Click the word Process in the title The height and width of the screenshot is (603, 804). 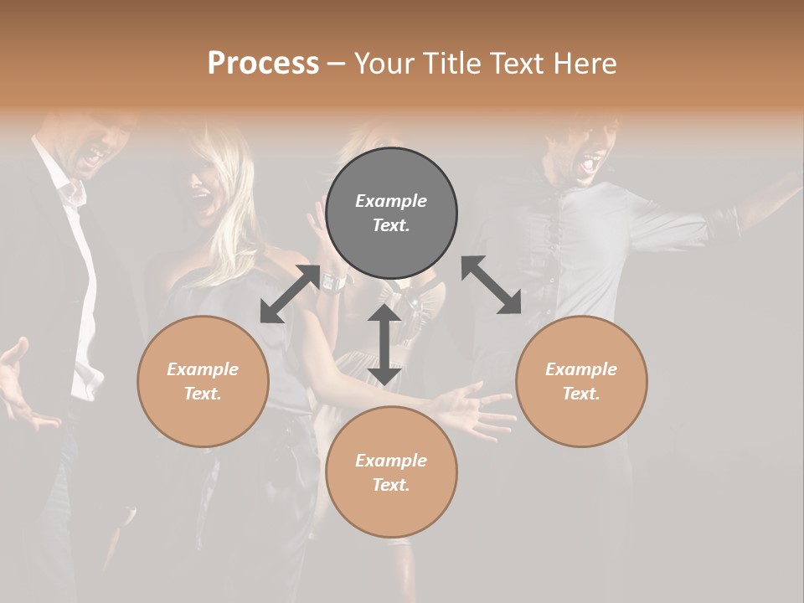[x=263, y=63]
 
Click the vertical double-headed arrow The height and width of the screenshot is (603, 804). [x=384, y=344]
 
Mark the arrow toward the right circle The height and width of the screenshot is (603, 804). [x=492, y=285]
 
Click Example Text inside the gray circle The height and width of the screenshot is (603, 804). [x=391, y=213]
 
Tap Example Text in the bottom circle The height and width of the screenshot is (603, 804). [x=391, y=472]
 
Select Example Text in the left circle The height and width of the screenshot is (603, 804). [x=203, y=381]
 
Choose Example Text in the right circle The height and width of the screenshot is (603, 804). [x=581, y=381]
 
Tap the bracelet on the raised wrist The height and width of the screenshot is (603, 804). [x=333, y=282]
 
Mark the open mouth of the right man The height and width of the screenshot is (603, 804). [x=592, y=159]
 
